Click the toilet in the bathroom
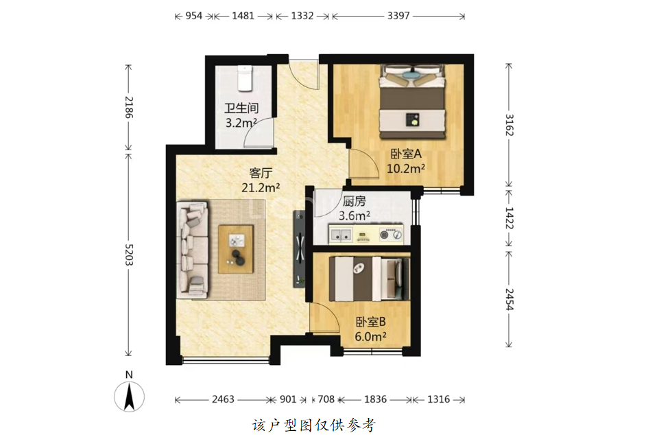click(244, 79)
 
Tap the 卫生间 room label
click(241, 108)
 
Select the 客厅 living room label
click(261, 172)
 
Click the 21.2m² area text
click(261, 187)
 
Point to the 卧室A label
click(406, 154)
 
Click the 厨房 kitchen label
click(354, 201)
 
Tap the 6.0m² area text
click(370, 337)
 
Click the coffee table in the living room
click(236, 249)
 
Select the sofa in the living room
click(192, 249)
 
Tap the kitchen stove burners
click(391, 235)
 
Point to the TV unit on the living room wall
click(299, 249)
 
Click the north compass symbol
click(130, 396)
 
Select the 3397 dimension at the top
click(398, 16)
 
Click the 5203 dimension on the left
click(129, 255)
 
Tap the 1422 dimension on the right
click(509, 218)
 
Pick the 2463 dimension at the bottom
click(223, 399)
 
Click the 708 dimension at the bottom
click(326, 399)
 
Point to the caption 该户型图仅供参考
click(314, 425)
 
